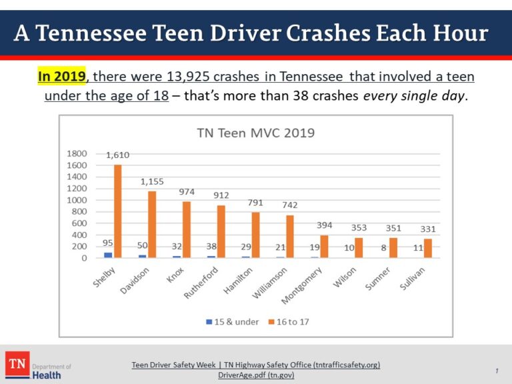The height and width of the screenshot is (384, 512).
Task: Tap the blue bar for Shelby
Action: pos(108,255)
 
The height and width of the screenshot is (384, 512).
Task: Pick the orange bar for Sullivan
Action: pos(427,248)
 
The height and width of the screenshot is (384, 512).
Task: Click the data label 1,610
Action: pos(117,155)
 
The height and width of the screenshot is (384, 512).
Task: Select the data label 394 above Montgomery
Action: pos(324,225)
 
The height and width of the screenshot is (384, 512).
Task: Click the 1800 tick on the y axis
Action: pos(77,153)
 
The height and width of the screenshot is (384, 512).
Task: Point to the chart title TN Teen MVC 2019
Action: pos(256,133)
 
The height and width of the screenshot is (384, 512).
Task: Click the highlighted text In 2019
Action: pos(61,77)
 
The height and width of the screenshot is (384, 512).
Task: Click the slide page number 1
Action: pos(497,371)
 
